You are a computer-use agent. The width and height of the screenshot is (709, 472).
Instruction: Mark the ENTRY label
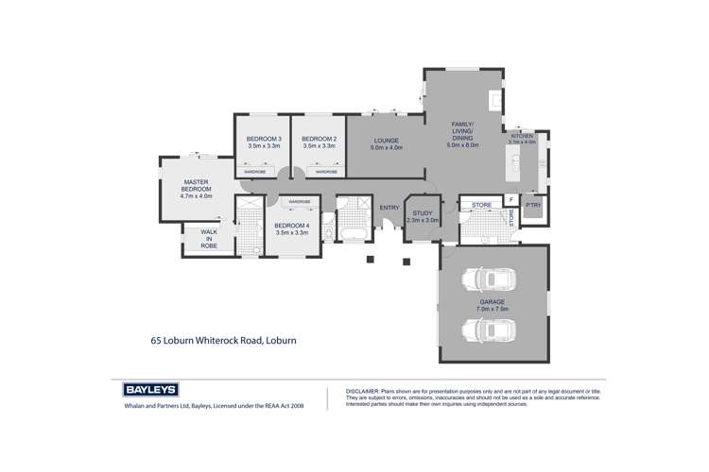click(389, 208)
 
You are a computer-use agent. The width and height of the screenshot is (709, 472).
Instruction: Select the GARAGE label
click(492, 305)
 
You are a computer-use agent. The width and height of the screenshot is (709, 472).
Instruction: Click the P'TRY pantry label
click(534, 205)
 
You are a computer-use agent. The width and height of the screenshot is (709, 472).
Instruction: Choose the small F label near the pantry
click(510, 200)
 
